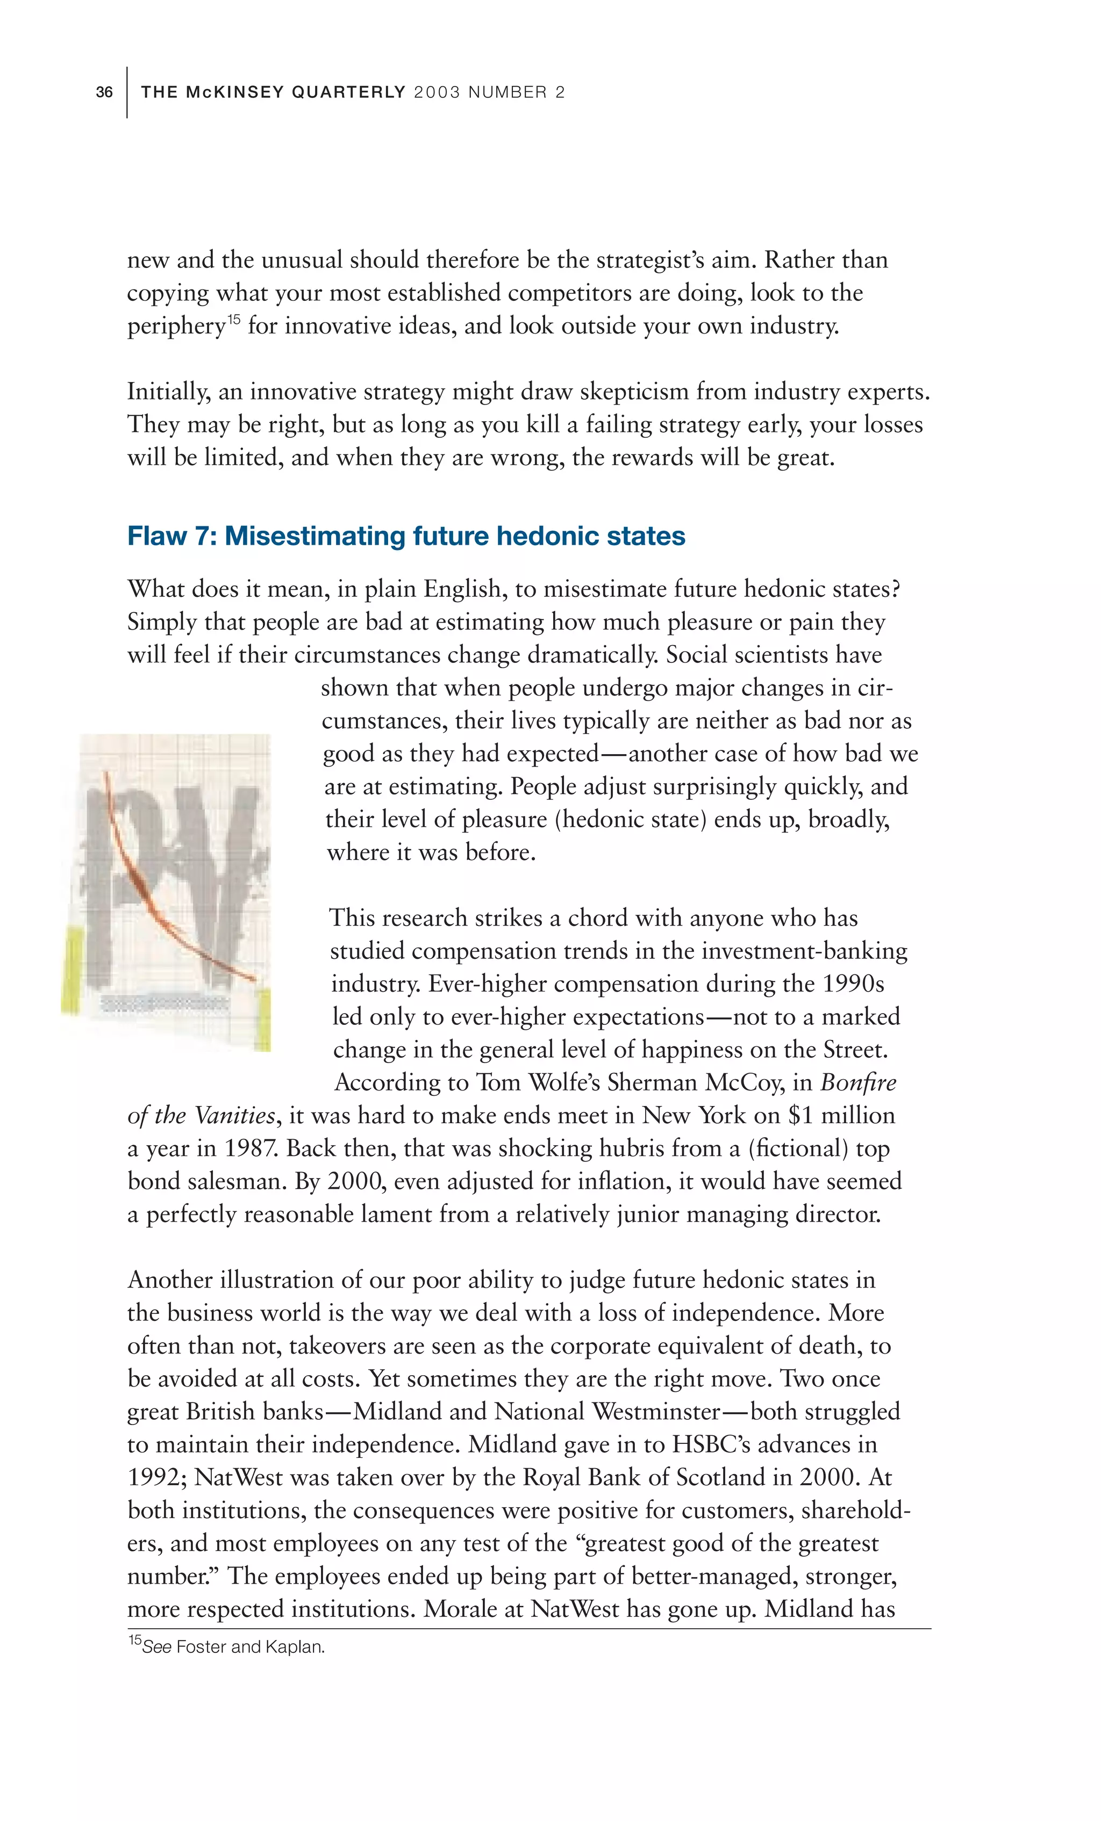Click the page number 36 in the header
pos(104,92)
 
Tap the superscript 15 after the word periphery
pos(234,319)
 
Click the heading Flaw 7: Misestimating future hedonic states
pos(406,536)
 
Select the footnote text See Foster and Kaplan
pos(226,1646)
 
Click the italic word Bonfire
pos(857,1083)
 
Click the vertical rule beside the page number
pos(127,92)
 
